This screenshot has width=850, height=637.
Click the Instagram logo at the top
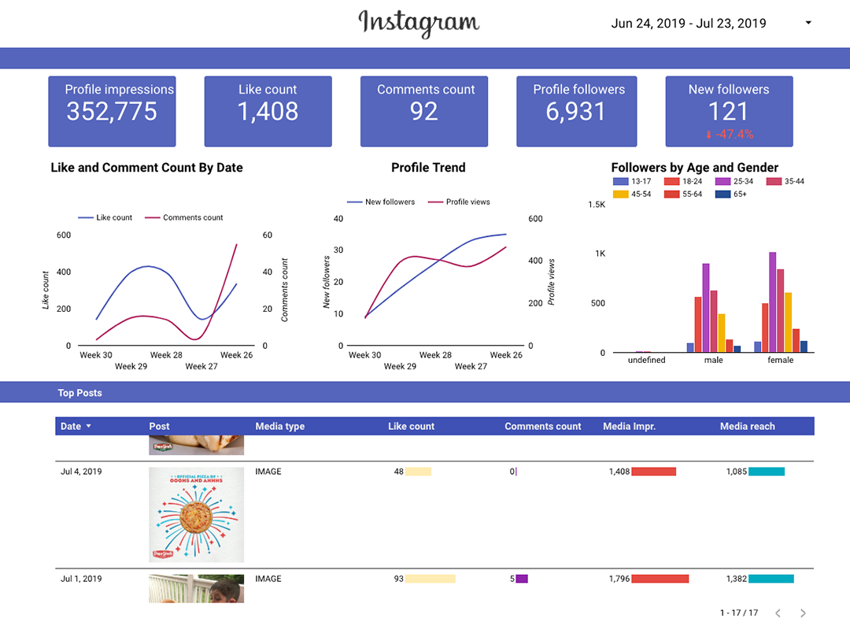(419, 23)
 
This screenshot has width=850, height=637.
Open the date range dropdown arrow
(808, 23)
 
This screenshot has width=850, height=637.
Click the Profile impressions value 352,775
(112, 112)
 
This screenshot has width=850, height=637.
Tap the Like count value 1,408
(268, 112)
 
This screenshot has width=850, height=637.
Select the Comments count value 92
(424, 112)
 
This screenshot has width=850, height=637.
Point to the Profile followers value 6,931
(576, 112)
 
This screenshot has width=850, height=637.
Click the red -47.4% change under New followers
(734, 135)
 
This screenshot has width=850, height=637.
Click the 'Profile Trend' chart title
(428, 168)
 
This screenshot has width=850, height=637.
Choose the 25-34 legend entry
(736, 182)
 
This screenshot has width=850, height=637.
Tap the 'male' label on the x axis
(713, 360)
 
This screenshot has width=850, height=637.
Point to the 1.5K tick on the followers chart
(596, 205)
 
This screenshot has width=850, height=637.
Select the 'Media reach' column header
(747, 426)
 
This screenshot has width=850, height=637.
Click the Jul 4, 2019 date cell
(81, 472)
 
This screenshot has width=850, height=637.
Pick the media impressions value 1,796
(619, 579)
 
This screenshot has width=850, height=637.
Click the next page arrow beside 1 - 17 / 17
(803, 613)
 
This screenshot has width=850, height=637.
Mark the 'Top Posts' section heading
(79, 393)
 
